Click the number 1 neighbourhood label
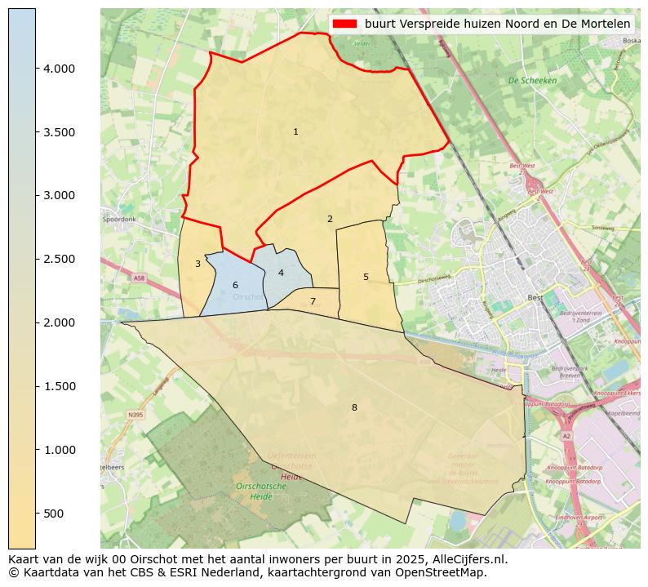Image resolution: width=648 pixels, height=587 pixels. [295, 131]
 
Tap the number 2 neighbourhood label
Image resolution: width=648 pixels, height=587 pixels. [330, 219]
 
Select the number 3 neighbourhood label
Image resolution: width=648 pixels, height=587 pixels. [198, 264]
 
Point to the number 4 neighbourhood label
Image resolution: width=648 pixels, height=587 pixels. [281, 273]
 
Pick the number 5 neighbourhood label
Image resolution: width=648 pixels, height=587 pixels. [366, 277]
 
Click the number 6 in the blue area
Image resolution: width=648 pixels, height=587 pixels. [235, 285]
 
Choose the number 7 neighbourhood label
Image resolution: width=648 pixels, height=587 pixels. [313, 301]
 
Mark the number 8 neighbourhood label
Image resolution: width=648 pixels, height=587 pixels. [354, 407]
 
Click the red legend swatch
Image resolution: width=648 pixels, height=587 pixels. [345, 24]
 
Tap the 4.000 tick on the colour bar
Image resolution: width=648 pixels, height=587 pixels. [59, 69]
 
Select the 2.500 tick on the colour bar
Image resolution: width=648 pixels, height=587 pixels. [59, 260]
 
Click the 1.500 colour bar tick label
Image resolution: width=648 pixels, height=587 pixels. [59, 386]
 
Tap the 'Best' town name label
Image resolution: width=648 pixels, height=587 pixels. [535, 298]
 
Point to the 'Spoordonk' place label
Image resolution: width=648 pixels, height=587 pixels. [119, 220]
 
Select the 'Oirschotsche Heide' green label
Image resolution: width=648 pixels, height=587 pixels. [260, 491]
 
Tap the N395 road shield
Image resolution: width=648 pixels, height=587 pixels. [135, 415]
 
